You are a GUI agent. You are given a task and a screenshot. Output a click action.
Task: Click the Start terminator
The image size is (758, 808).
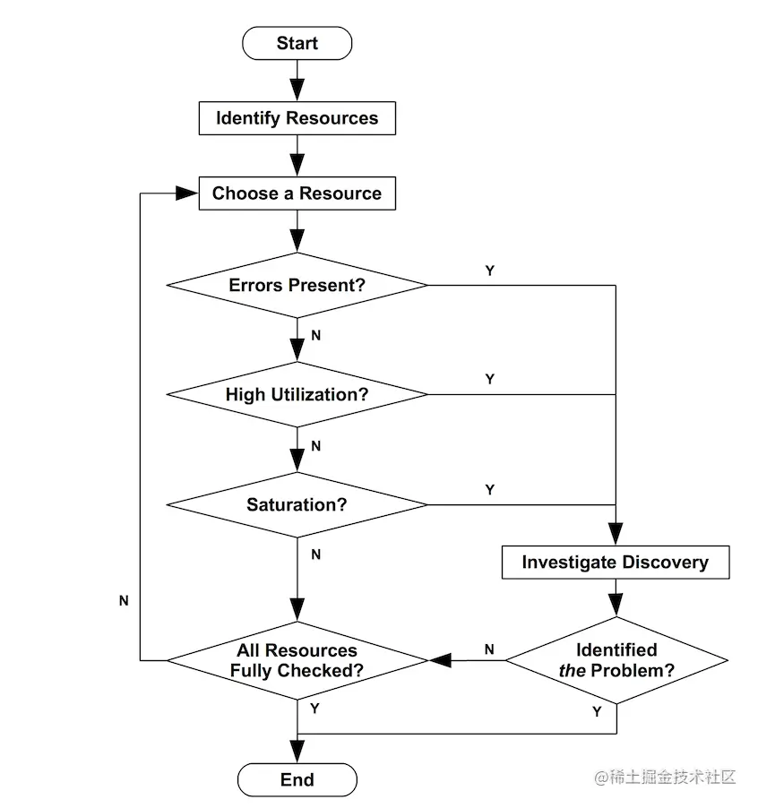(297, 43)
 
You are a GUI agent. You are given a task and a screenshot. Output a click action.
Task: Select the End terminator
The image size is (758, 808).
(297, 779)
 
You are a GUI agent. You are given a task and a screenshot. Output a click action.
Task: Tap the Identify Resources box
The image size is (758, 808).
(297, 118)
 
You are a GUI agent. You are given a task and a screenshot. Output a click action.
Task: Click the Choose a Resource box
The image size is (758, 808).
(297, 193)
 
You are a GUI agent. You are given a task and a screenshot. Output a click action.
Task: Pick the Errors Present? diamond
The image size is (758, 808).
(297, 286)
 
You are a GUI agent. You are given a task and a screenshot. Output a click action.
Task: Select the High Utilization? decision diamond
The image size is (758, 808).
(297, 394)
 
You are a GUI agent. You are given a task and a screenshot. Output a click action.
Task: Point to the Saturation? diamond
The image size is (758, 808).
(297, 505)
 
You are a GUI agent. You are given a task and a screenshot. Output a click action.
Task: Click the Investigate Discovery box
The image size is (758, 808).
(615, 563)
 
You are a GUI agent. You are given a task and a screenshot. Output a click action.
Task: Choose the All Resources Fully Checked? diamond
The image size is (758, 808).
(297, 661)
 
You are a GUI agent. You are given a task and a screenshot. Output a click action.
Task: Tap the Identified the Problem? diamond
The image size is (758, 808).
(616, 661)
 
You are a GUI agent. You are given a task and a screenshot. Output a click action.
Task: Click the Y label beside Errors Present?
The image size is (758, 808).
(489, 271)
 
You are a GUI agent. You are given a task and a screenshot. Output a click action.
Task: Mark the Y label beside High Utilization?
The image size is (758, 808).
(489, 380)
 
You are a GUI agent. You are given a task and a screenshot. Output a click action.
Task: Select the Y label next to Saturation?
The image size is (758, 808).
(489, 491)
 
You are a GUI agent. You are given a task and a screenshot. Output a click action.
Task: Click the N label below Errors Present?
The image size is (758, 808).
(315, 335)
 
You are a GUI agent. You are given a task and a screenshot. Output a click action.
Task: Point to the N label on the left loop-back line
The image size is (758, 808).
(124, 601)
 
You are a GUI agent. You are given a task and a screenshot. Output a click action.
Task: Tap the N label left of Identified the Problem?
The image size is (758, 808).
(489, 649)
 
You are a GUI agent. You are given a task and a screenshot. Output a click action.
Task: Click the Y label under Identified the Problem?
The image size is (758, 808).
(597, 712)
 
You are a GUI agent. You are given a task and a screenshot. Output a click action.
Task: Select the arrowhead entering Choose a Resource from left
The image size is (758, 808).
(189, 193)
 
